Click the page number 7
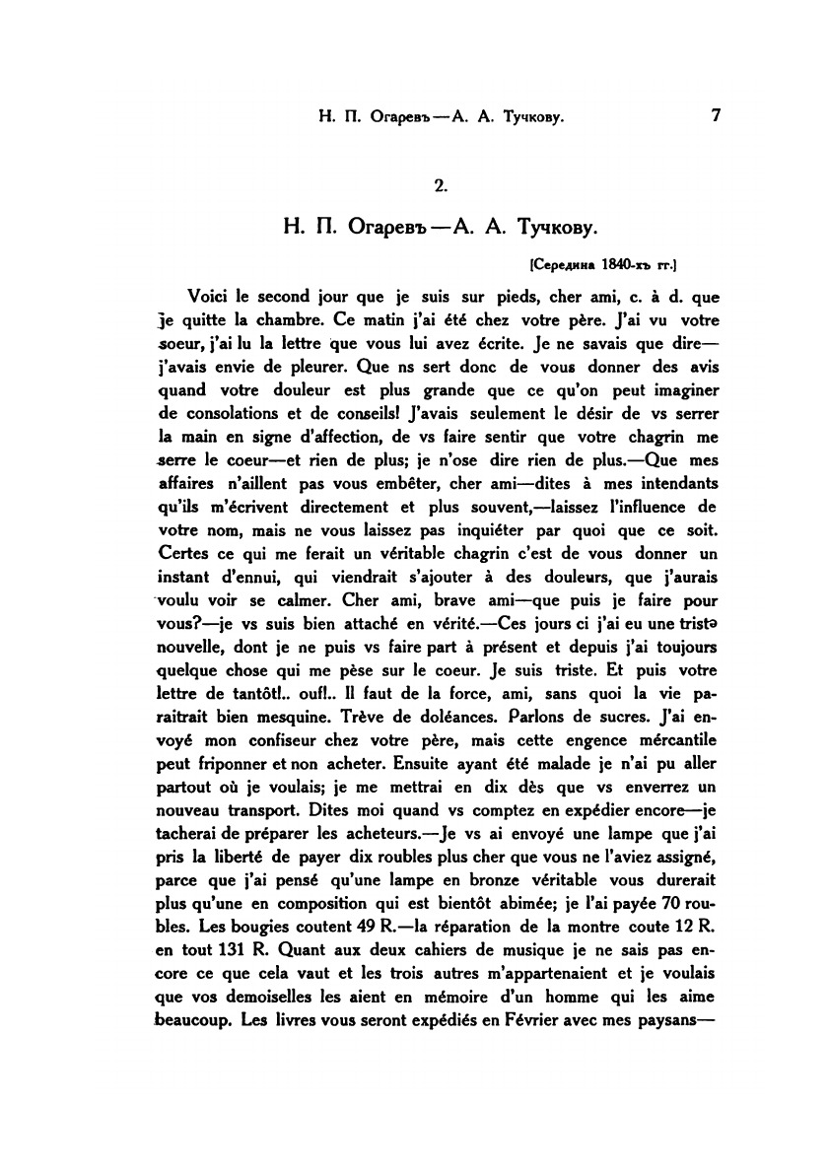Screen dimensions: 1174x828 [x=717, y=116]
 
